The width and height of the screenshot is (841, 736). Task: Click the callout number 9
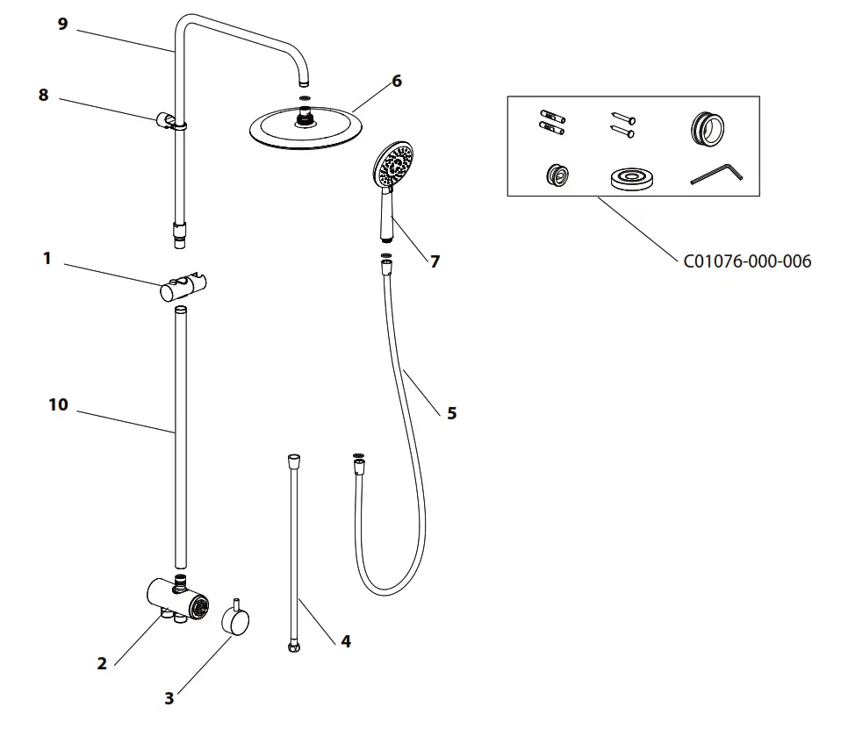[x=62, y=25]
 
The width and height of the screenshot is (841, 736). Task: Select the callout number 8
[x=43, y=96]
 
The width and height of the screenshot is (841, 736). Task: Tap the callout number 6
[x=396, y=81]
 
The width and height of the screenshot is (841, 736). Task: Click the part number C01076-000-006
[x=746, y=261]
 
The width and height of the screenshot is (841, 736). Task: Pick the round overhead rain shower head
[x=305, y=129]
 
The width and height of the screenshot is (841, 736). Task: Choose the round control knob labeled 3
[x=234, y=622]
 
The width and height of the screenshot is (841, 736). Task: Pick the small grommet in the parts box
[x=554, y=174]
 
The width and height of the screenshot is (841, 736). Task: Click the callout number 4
[x=346, y=641]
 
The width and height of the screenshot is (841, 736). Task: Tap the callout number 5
[x=451, y=412]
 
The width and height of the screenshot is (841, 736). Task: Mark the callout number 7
[x=435, y=261]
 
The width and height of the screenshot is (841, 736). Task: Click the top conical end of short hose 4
[x=294, y=460]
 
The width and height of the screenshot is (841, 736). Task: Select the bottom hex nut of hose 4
[x=293, y=648]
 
